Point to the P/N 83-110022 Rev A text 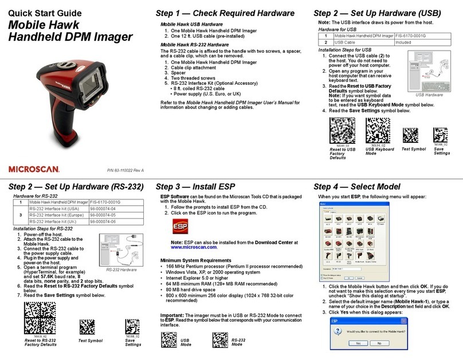pos(125,170)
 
